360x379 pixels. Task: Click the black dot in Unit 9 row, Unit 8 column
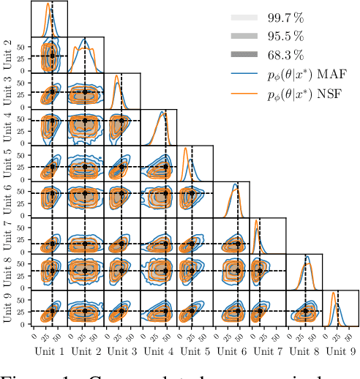pyautogui.click(x=305, y=311)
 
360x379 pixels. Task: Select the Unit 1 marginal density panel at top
pyautogui.click(x=50, y=18)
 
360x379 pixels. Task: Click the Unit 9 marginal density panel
pyautogui.click(x=340, y=308)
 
